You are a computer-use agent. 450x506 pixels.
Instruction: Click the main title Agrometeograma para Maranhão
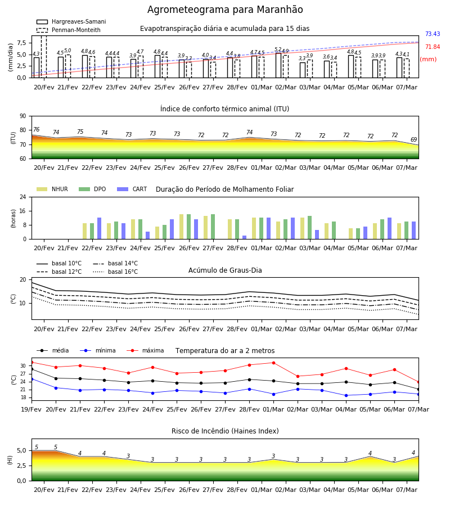[225, 10]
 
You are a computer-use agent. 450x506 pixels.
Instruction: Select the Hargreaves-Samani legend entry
[71, 21]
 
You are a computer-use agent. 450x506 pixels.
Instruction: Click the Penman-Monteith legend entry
[69, 30]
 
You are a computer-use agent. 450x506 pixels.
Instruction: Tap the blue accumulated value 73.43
[433, 34]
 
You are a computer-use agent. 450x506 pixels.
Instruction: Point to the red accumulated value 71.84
[433, 47]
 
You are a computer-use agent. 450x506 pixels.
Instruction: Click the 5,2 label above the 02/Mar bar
[278, 49]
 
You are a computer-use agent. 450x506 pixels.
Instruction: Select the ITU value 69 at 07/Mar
[413, 139]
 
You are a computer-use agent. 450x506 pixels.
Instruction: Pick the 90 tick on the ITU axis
[23, 116]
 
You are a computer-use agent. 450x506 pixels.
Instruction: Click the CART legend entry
[132, 189]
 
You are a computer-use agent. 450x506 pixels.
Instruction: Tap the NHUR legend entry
[52, 189]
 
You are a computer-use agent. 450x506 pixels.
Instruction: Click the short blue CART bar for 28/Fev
[244, 237]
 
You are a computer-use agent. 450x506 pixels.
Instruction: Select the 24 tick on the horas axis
[23, 197]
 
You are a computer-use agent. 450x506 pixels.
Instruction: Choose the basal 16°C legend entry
[115, 272]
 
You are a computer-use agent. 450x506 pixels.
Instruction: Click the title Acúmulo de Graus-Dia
[225, 270]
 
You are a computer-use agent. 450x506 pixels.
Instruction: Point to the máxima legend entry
[145, 350]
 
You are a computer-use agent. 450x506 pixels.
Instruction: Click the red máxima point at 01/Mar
[274, 363]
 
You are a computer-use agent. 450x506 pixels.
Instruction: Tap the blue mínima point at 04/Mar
[346, 395]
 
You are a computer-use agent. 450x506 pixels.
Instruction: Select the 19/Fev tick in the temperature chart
[31, 409]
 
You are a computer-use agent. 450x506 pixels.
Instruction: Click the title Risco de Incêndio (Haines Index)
[225, 431]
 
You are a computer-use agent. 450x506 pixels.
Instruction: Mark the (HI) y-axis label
[10, 460]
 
